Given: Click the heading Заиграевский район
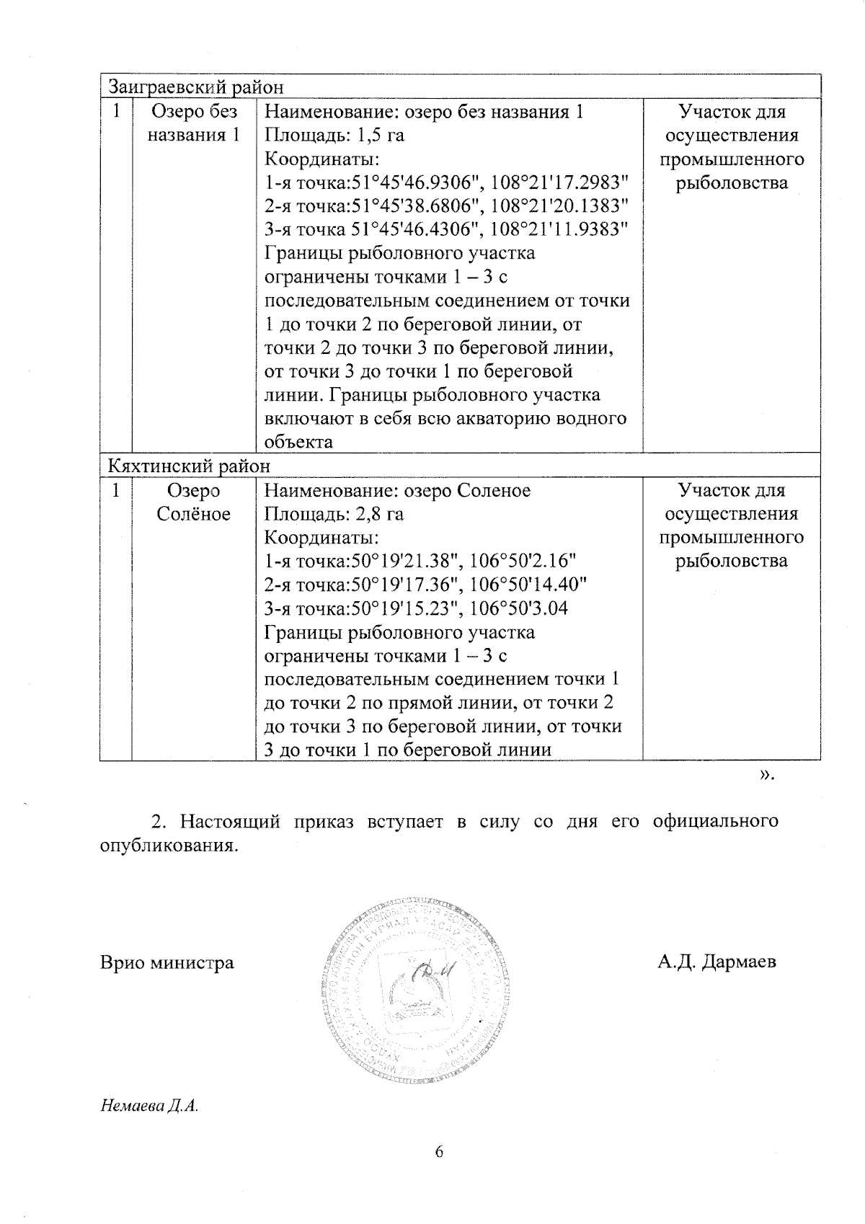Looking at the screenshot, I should coord(195,87).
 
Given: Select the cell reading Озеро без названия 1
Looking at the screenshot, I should coord(193,123).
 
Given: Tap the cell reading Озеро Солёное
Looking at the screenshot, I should coord(193,502).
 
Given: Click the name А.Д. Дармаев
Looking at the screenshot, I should coord(717,962).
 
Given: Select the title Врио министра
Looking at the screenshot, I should coord(167,962).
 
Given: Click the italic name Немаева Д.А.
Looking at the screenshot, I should coord(149,1126).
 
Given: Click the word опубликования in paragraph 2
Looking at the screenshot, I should coord(168,845).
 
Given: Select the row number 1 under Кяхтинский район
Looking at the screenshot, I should coord(115,491).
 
